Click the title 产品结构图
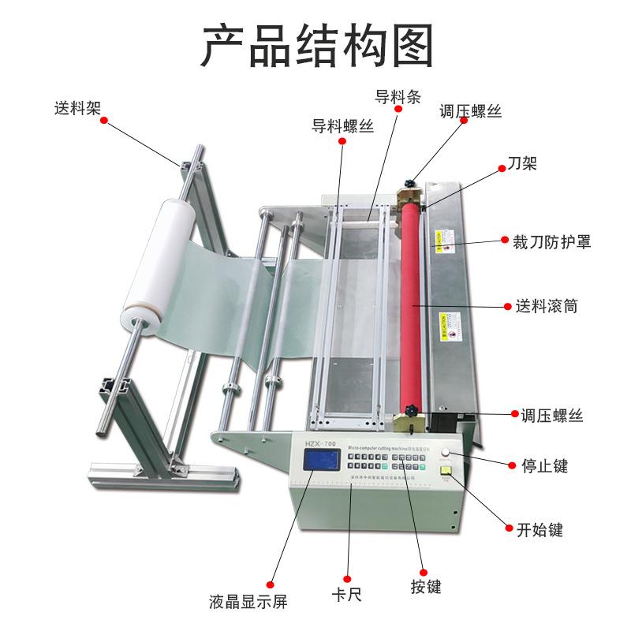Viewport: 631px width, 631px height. coord(315,47)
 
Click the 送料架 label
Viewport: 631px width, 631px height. coord(77,106)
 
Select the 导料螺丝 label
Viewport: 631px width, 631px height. coord(343,125)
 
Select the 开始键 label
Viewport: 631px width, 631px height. coord(540,529)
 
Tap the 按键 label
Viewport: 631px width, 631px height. coord(425,587)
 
